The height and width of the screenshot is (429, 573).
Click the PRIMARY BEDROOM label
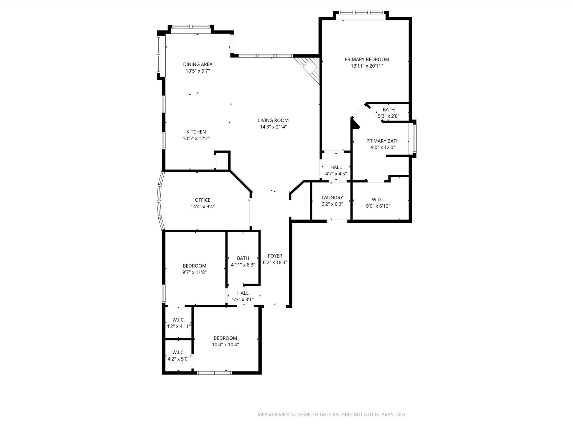367,59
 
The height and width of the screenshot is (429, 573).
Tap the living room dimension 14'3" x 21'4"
273,127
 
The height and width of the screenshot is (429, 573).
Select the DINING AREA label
198,64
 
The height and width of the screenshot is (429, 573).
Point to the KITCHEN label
196,132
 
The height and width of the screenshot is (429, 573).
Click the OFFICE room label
203,200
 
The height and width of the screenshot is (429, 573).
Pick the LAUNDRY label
332,197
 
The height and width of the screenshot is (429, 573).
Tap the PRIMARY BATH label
383,141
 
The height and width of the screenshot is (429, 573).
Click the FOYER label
275,256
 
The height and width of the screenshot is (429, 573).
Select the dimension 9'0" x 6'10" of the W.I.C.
378,206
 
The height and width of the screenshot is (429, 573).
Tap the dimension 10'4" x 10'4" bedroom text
225,345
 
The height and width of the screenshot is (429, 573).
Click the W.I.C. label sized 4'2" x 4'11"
179,320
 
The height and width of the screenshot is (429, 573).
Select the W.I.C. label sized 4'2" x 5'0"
179,352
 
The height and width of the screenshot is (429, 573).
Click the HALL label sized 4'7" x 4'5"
336,167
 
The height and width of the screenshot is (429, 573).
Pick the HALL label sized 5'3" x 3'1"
243,293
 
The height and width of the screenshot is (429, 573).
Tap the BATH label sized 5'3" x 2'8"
389,110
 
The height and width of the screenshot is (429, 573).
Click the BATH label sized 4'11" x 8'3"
243,258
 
